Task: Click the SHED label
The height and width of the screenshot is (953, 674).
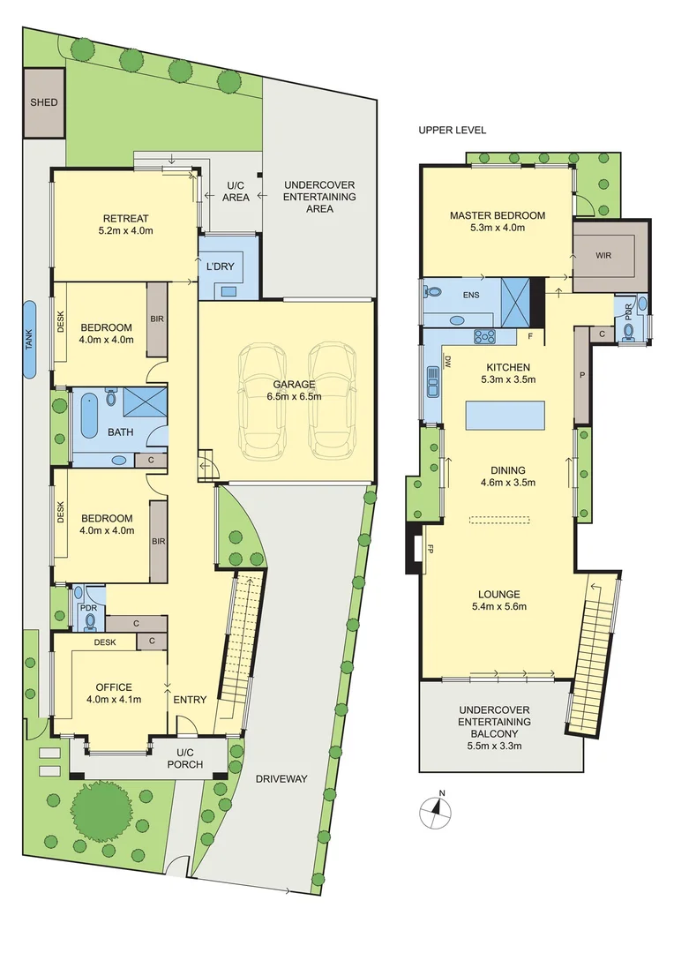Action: (44, 102)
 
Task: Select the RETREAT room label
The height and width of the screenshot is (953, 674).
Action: (125, 219)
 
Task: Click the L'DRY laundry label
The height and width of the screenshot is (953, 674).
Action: (219, 266)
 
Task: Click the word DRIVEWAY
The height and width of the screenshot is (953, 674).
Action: (281, 779)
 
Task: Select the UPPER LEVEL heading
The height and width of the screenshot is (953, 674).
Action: (452, 130)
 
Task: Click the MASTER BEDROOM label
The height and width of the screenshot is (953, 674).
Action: (497, 215)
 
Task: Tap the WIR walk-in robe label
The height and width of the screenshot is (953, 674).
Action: (603, 255)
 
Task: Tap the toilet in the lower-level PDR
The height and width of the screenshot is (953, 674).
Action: (90, 620)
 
